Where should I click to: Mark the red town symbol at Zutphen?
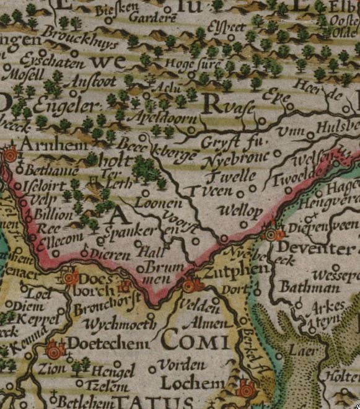(x=191, y=285)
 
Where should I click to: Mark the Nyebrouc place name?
(x=236, y=157)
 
